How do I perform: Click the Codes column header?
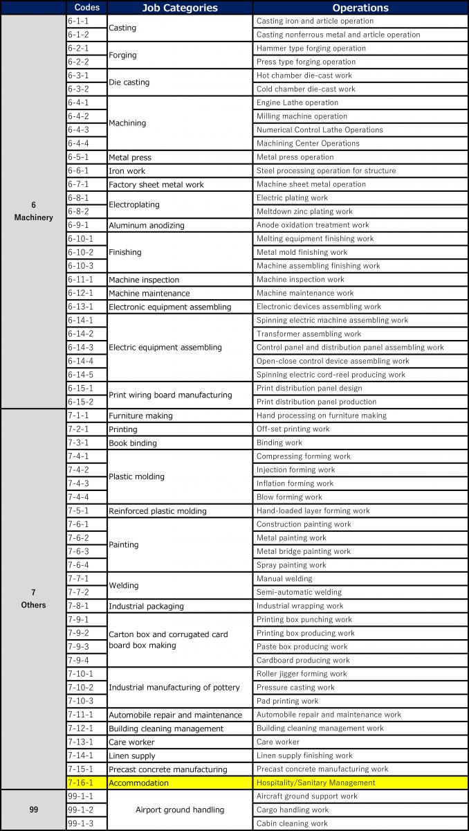[86, 8]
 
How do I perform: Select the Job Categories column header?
[180, 8]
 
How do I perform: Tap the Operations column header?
[360, 8]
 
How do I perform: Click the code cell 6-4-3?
[86, 129]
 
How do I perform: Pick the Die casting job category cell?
[180, 82]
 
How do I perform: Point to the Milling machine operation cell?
[360, 116]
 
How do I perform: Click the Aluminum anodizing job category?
[180, 225]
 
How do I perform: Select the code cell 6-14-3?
[86, 347]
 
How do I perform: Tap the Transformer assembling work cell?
[360, 334]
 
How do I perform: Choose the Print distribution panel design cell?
[360, 388]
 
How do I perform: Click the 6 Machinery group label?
[33, 211]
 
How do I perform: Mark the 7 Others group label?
[33, 598]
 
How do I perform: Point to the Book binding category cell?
[180, 443]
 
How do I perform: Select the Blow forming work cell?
[360, 497]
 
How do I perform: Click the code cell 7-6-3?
[86, 551]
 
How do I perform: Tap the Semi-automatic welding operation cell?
[360, 592]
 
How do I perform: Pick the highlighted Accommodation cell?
[180, 783]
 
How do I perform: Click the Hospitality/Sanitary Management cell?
[360, 783]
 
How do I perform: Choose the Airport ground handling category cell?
[180, 810]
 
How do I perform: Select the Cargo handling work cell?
[360, 810]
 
